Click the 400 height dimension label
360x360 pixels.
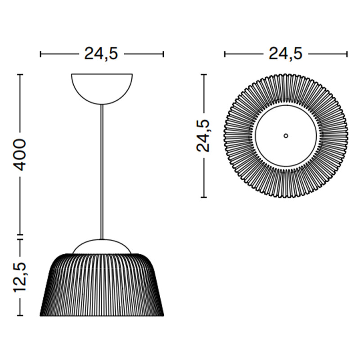(x=20, y=154)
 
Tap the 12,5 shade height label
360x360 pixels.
(x=20, y=276)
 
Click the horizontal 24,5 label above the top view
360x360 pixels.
(x=286, y=54)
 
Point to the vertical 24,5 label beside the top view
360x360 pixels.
(x=205, y=135)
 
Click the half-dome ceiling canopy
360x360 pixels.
(x=102, y=86)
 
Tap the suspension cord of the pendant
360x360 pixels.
(x=102, y=171)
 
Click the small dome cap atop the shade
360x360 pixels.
(x=102, y=246)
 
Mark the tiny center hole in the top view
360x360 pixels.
(x=286, y=135)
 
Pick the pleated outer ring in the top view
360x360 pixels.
(x=238, y=135)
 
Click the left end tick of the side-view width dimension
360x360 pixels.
(x=40, y=54)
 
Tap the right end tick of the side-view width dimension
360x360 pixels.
(x=163, y=54)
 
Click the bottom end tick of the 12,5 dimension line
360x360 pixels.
(x=20, y=315)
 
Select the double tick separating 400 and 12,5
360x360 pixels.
(x=20, y=237)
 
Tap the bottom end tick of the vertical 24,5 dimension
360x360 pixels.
(x=205, y=197)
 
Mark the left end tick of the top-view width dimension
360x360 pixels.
(x=225, y=54)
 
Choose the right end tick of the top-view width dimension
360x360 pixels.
(x=347, y=54)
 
